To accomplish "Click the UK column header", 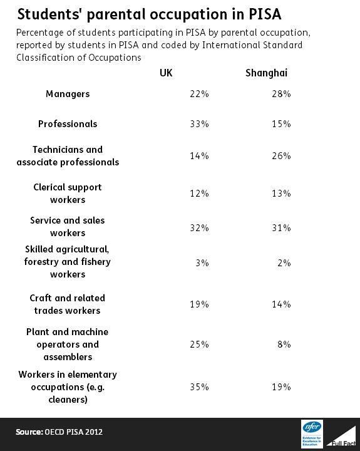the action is (166, 73).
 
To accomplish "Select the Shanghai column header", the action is (266, 73).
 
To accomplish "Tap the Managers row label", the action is (68, 94).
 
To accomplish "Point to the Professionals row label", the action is (68, 124).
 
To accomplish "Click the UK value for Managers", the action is (199, 94).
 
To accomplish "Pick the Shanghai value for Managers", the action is (281, 94).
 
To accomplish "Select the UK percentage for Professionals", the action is (199, 124).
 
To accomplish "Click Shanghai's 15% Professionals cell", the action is (281, 124).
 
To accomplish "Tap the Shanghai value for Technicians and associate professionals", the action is (281, 156).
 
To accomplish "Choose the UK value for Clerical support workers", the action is (199, 194).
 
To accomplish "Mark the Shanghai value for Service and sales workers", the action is (281, 228).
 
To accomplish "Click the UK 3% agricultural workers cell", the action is (202, 263).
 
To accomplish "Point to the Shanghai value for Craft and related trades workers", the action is (281, 304).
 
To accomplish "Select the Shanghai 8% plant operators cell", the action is (284, 345).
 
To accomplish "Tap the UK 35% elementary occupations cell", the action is (199, 387).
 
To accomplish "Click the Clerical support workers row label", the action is (68, 194).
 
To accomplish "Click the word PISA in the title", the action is (265, 14).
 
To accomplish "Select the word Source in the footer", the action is (29, 432).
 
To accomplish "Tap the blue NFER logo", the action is (312, 434).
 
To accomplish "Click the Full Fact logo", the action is (341, 437).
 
